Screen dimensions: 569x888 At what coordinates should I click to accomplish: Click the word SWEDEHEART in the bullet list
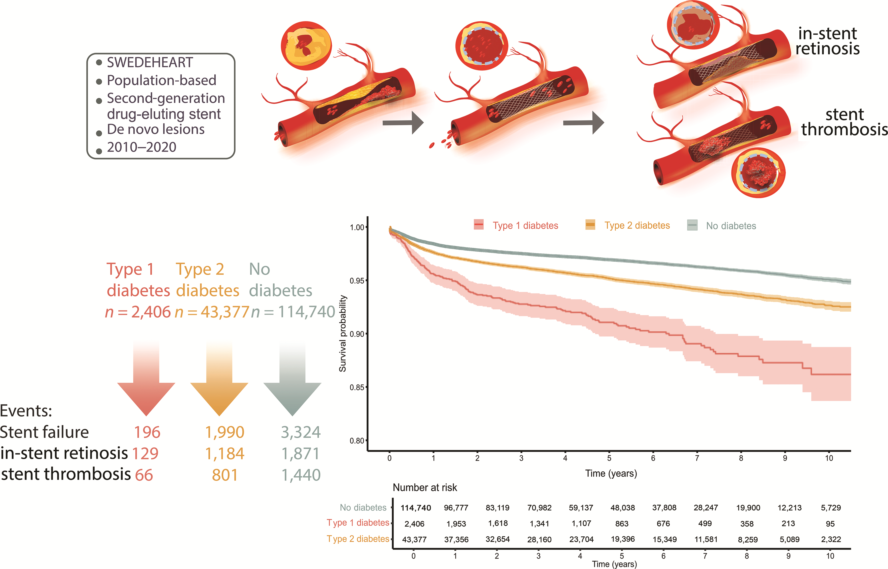click(150, 63)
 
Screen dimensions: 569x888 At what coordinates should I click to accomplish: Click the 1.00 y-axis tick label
click(357, 228)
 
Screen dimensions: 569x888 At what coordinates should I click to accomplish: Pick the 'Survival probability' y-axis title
click(343, 333)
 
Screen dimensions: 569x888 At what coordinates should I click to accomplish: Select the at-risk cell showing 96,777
click(456, 508)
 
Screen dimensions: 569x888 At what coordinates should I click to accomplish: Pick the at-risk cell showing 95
click(830, 524)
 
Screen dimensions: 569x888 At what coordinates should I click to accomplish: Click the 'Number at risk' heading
click(425, 488)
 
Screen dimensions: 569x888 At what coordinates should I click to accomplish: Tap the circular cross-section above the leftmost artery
click(306, 45)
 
